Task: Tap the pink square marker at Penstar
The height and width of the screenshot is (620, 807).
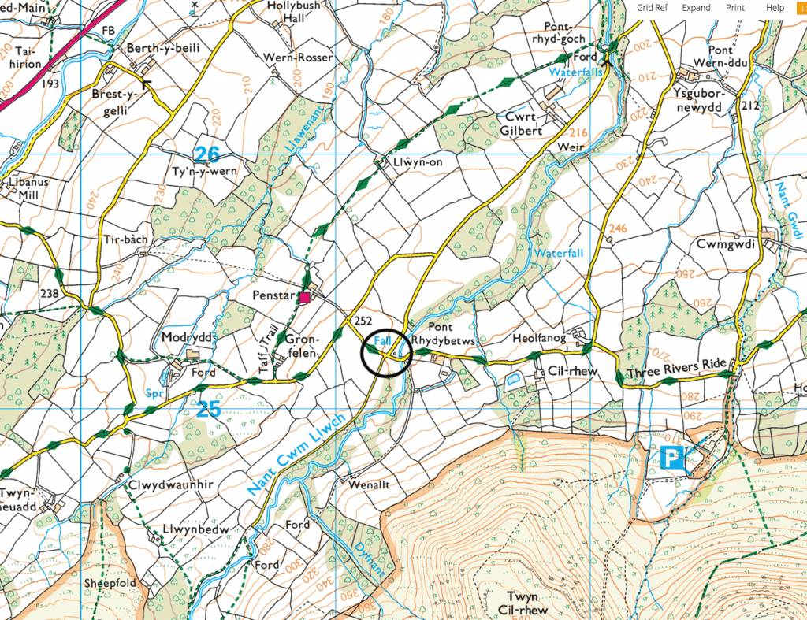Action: (x=304, y=297)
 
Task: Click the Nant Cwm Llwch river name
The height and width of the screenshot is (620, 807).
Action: (x=296, y=455)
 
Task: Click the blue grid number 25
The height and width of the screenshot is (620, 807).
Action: (x=208, y=408)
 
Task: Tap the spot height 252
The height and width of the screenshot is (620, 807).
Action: (x=363, y=320)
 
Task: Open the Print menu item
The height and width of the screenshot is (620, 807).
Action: (x=734, y=8)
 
